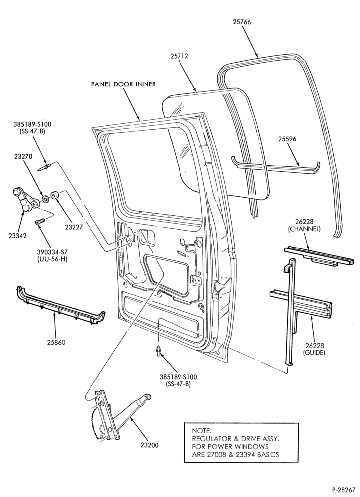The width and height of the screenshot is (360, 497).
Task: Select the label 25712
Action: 179,56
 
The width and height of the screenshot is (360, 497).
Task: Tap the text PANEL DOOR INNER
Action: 123,84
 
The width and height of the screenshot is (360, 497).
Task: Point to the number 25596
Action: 288,139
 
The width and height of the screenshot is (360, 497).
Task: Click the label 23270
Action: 23,156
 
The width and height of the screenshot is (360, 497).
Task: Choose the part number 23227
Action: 74,227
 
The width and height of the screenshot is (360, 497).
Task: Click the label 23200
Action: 149,445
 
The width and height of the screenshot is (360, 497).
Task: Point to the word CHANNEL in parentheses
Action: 304,229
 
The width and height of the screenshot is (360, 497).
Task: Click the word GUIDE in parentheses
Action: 314,352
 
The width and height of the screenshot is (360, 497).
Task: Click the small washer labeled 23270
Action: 45,199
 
